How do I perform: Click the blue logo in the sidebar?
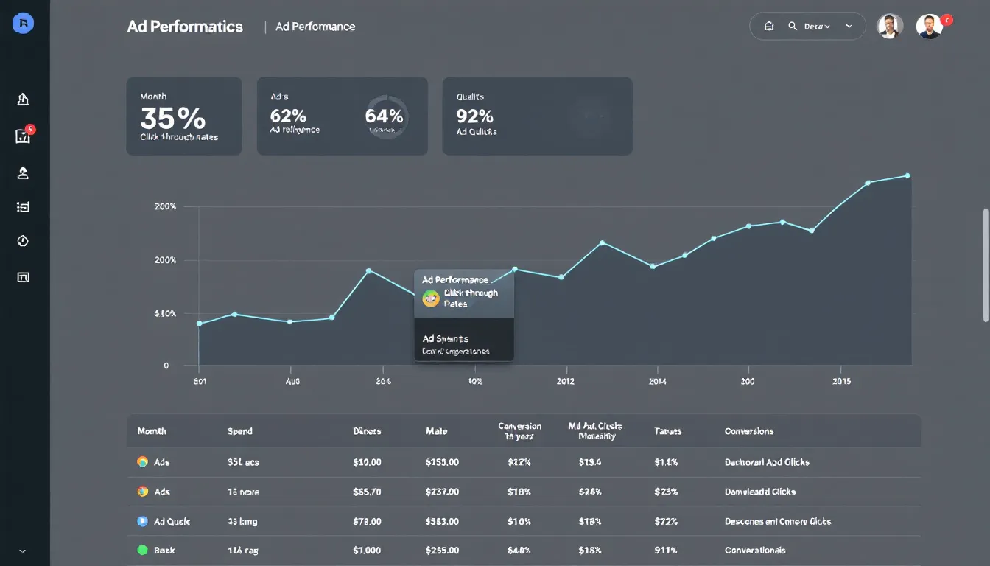click(24, 24)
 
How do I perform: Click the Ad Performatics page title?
click(185, 27)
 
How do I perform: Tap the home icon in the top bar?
click(769, 26)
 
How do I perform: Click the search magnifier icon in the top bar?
click(793, 26)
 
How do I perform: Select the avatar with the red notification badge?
click(930, 26)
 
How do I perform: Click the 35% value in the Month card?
click(173, 118)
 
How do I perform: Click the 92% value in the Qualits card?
click(474, 116)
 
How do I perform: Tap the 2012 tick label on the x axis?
click(566, 381)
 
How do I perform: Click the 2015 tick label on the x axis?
click(842, 381)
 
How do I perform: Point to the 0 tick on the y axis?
click(166, 366)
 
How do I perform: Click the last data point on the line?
click(907, 175)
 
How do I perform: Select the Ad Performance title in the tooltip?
click(455, 280)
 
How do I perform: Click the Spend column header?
click(240, 431)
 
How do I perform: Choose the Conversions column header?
click(749, 431)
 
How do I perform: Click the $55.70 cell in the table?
click(367, 492)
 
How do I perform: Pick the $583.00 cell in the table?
click(442, 521)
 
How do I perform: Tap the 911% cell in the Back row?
click(667, 551)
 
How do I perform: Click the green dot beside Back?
click(143, 550)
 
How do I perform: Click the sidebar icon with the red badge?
click(23, 136)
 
